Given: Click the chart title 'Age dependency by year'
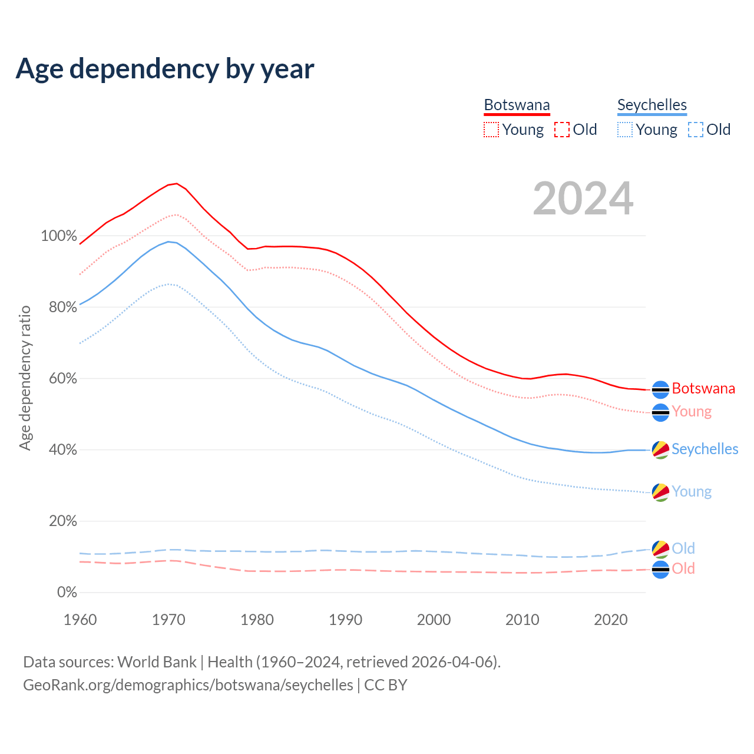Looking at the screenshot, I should (x=165, y=69).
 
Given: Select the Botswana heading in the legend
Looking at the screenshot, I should (x=517, y=105).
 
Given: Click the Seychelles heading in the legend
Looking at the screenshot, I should (x=652, y=105).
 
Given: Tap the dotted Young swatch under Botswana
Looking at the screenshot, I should (x=491, y=130).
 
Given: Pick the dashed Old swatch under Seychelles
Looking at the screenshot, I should (x=695, y=130).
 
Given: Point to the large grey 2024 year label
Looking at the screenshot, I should (x=583, y=199).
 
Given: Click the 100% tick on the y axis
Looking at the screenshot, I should (x=59, y=236).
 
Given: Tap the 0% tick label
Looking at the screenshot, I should (x=67, y=593).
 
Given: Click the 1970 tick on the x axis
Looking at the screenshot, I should (x=168, y=620).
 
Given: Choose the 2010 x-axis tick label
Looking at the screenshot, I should (x=522, y=620).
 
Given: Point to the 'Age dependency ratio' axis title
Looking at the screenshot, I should (x=25, y=378).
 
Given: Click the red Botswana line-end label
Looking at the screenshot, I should (x=703, y=389).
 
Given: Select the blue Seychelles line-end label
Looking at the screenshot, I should (x=705, y=449).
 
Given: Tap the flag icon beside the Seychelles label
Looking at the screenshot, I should (x=660, y=449).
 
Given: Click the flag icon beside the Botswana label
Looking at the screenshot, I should (x=660, y=389).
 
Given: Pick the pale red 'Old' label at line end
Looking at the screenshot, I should (x=683, y=569).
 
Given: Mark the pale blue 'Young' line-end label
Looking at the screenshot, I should (x=692, y=492).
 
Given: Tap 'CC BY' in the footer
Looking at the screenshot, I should (x=385, y=685).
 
